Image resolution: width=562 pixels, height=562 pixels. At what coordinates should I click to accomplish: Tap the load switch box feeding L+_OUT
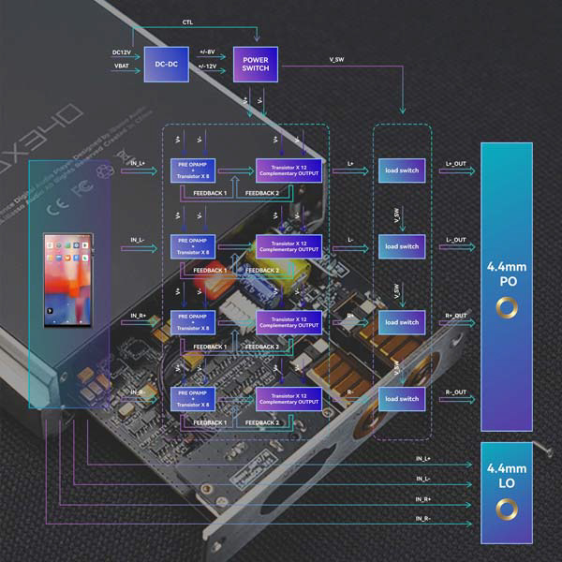(402, 170)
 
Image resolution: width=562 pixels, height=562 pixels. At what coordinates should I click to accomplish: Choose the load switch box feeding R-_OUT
(402, 398)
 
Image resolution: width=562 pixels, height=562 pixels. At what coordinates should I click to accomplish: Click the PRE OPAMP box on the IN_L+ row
(191, 170)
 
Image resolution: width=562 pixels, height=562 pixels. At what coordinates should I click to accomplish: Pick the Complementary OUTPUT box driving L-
(288, 246)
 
